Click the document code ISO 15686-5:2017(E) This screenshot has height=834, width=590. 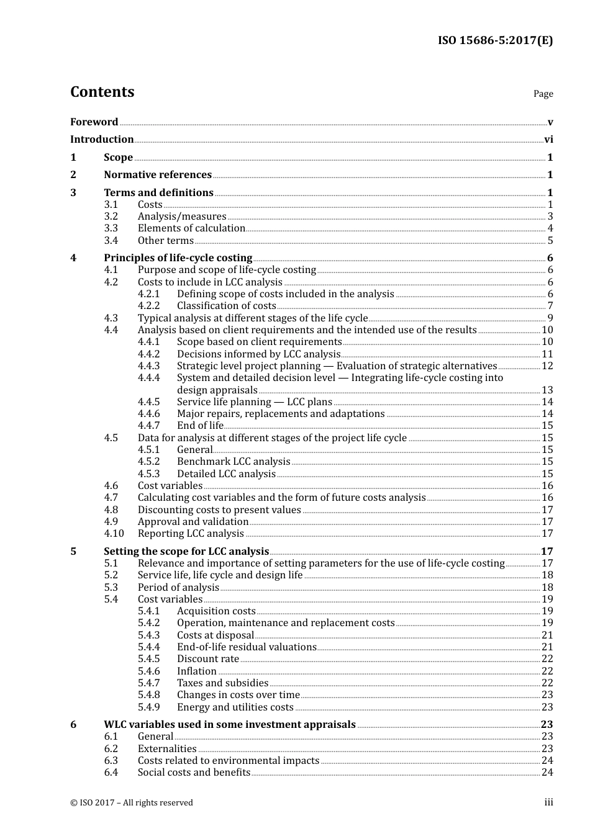tap(495, 40)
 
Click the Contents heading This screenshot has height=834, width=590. tap(102, 92)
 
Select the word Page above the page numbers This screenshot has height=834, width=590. tap(543, 94)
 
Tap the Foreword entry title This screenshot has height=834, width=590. tap(94, 122)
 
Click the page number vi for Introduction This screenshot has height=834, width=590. tap(548, 140)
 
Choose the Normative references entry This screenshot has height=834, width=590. tap(158, 175)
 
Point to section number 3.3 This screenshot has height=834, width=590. tap(111, 228)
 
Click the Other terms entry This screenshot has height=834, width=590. tap(165, 241)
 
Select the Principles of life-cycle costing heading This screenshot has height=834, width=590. tap(178, 258)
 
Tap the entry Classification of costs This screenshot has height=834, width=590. tap(226, 306)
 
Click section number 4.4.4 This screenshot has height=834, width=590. tap(148, 378)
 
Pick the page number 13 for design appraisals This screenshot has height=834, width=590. tap(547, 390)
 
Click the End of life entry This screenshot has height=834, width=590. tap(200, 426)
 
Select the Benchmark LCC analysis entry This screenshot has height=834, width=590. tap(234, 462)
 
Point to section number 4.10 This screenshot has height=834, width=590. tap(114, 534)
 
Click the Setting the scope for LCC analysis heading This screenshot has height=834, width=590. tap(186, 551)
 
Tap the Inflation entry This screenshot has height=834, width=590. tap(196, 671)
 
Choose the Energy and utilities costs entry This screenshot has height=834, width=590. tap(235, 707)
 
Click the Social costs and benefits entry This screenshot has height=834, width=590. tap(194, 773)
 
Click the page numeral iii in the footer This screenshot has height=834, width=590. tap(548, 802)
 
